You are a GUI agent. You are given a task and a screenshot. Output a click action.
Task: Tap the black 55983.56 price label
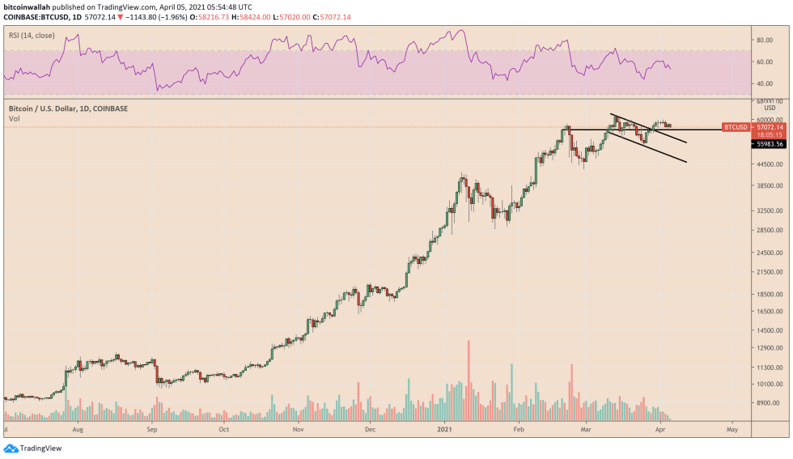(770, 143)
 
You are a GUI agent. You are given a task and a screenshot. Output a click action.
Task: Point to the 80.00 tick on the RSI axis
(764, 39)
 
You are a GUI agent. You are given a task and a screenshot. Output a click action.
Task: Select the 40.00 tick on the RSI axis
(764, 83)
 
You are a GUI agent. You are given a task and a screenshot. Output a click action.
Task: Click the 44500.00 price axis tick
(767, 164)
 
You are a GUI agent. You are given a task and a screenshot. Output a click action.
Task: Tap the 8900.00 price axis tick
(766, 402)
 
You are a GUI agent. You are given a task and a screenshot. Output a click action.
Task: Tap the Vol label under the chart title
(14, 119)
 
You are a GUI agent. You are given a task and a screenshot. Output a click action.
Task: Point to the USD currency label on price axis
(770, 108)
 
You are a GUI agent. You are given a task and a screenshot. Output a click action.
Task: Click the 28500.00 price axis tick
(767, 230)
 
